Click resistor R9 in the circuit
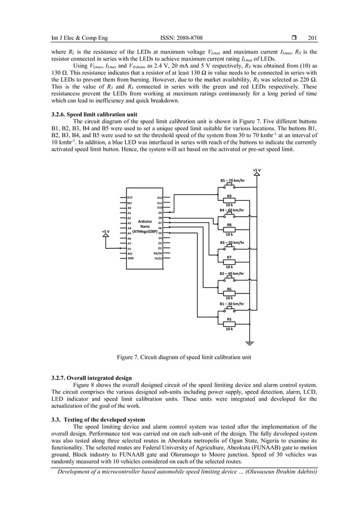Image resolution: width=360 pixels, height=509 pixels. [x=229, y=200]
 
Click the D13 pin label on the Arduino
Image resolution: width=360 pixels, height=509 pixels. [x=130, y=198]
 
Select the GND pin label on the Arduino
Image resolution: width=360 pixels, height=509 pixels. [x=130, y=258]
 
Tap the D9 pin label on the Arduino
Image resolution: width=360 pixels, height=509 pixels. [x=160, y=213]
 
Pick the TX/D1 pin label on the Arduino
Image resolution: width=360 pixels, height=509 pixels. [x=158, y=258]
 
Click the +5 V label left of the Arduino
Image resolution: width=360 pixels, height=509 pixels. [x=105, y=231]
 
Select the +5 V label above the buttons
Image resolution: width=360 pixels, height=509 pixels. [x=257, y=169]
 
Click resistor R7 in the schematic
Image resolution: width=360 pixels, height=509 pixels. [x=229, y=261]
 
